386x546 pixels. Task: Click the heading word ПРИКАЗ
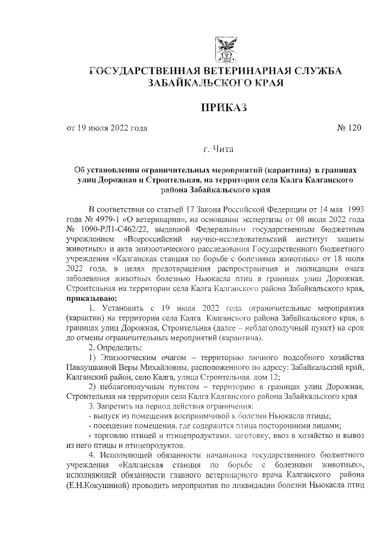pos(215,107)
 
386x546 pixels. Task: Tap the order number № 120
pos(348,128)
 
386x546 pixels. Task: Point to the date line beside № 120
pos(107,128)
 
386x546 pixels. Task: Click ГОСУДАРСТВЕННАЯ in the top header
pos(147,72)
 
